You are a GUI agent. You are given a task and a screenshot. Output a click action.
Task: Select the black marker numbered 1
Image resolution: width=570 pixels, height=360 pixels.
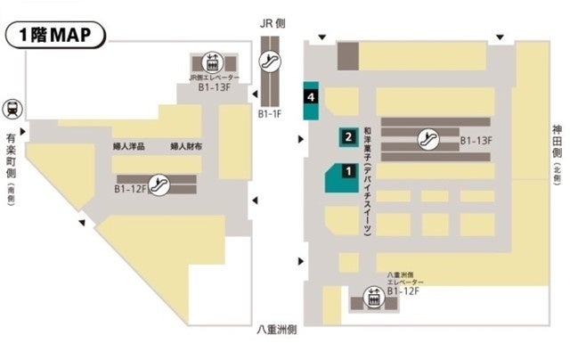tap(349, 169)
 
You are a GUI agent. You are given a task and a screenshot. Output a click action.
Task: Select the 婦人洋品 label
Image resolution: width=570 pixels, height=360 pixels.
tap(131, 145)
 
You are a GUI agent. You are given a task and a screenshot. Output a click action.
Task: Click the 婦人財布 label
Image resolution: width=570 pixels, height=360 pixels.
tap(187, 145)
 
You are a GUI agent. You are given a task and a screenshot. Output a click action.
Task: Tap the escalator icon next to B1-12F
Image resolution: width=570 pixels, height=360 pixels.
tap(159, 185)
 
